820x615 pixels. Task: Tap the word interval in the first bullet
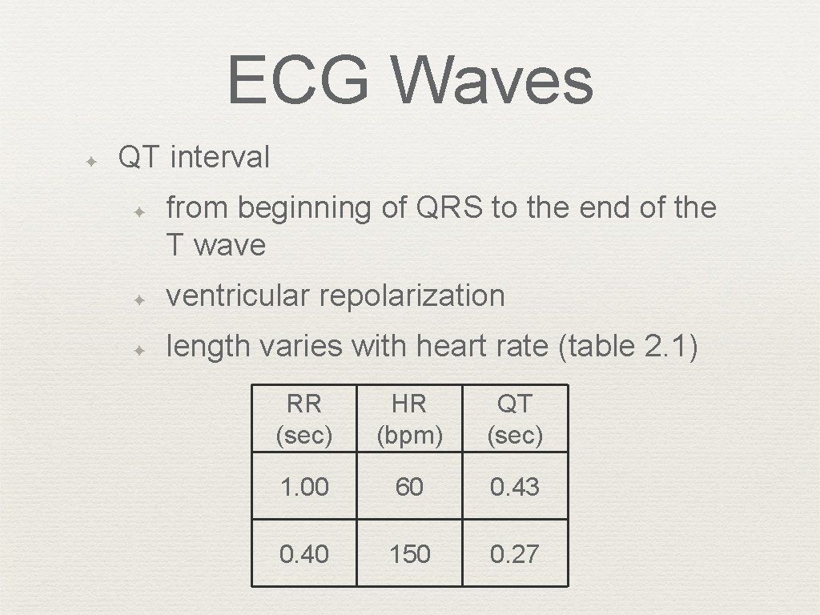(220, 158)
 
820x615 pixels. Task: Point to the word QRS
(449, 207)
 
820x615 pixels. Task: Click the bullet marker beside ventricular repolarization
(139, 300)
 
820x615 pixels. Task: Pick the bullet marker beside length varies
(139, 351)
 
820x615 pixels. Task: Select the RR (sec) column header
(303, 419)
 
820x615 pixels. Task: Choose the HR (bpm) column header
(409, 419)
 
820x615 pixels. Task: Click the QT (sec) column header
(515, 419)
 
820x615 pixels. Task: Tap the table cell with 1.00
(303, 487)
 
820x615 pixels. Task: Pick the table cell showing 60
(409, 487)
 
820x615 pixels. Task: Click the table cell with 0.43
(515, 487)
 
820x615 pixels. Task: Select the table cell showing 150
(409, 554)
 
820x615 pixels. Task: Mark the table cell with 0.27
(515, 554)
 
